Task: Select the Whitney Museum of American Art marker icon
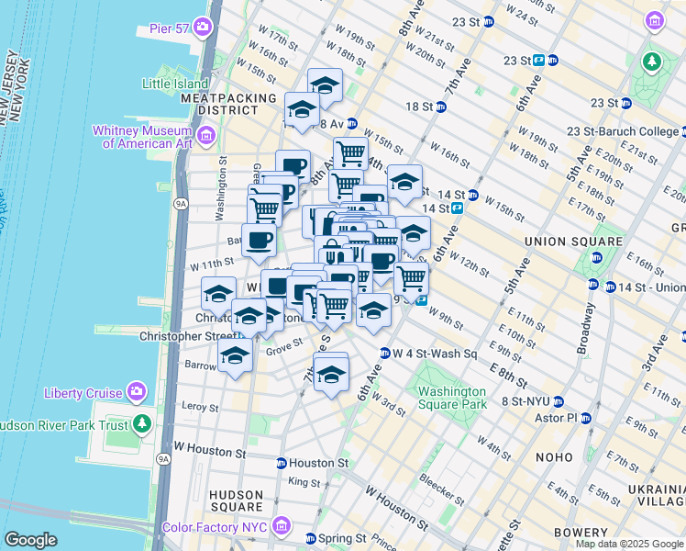click(205, 137)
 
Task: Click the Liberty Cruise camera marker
click(138, 393)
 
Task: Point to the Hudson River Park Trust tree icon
click(142, 424)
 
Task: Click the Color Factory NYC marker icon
click(282, 528)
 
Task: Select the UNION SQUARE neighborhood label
click(560, 242)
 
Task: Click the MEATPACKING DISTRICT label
click(228, 104)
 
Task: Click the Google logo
click(30, 540)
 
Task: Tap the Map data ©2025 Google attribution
click(628, 544)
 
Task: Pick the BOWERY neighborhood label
click(581, 533)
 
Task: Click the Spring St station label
click(342, 538)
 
